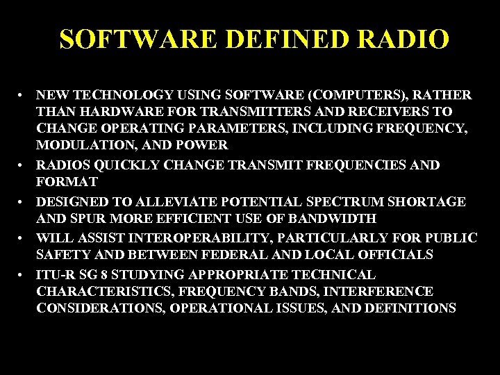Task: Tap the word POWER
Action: [202, 145]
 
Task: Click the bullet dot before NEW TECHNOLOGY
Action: [23, 94]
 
